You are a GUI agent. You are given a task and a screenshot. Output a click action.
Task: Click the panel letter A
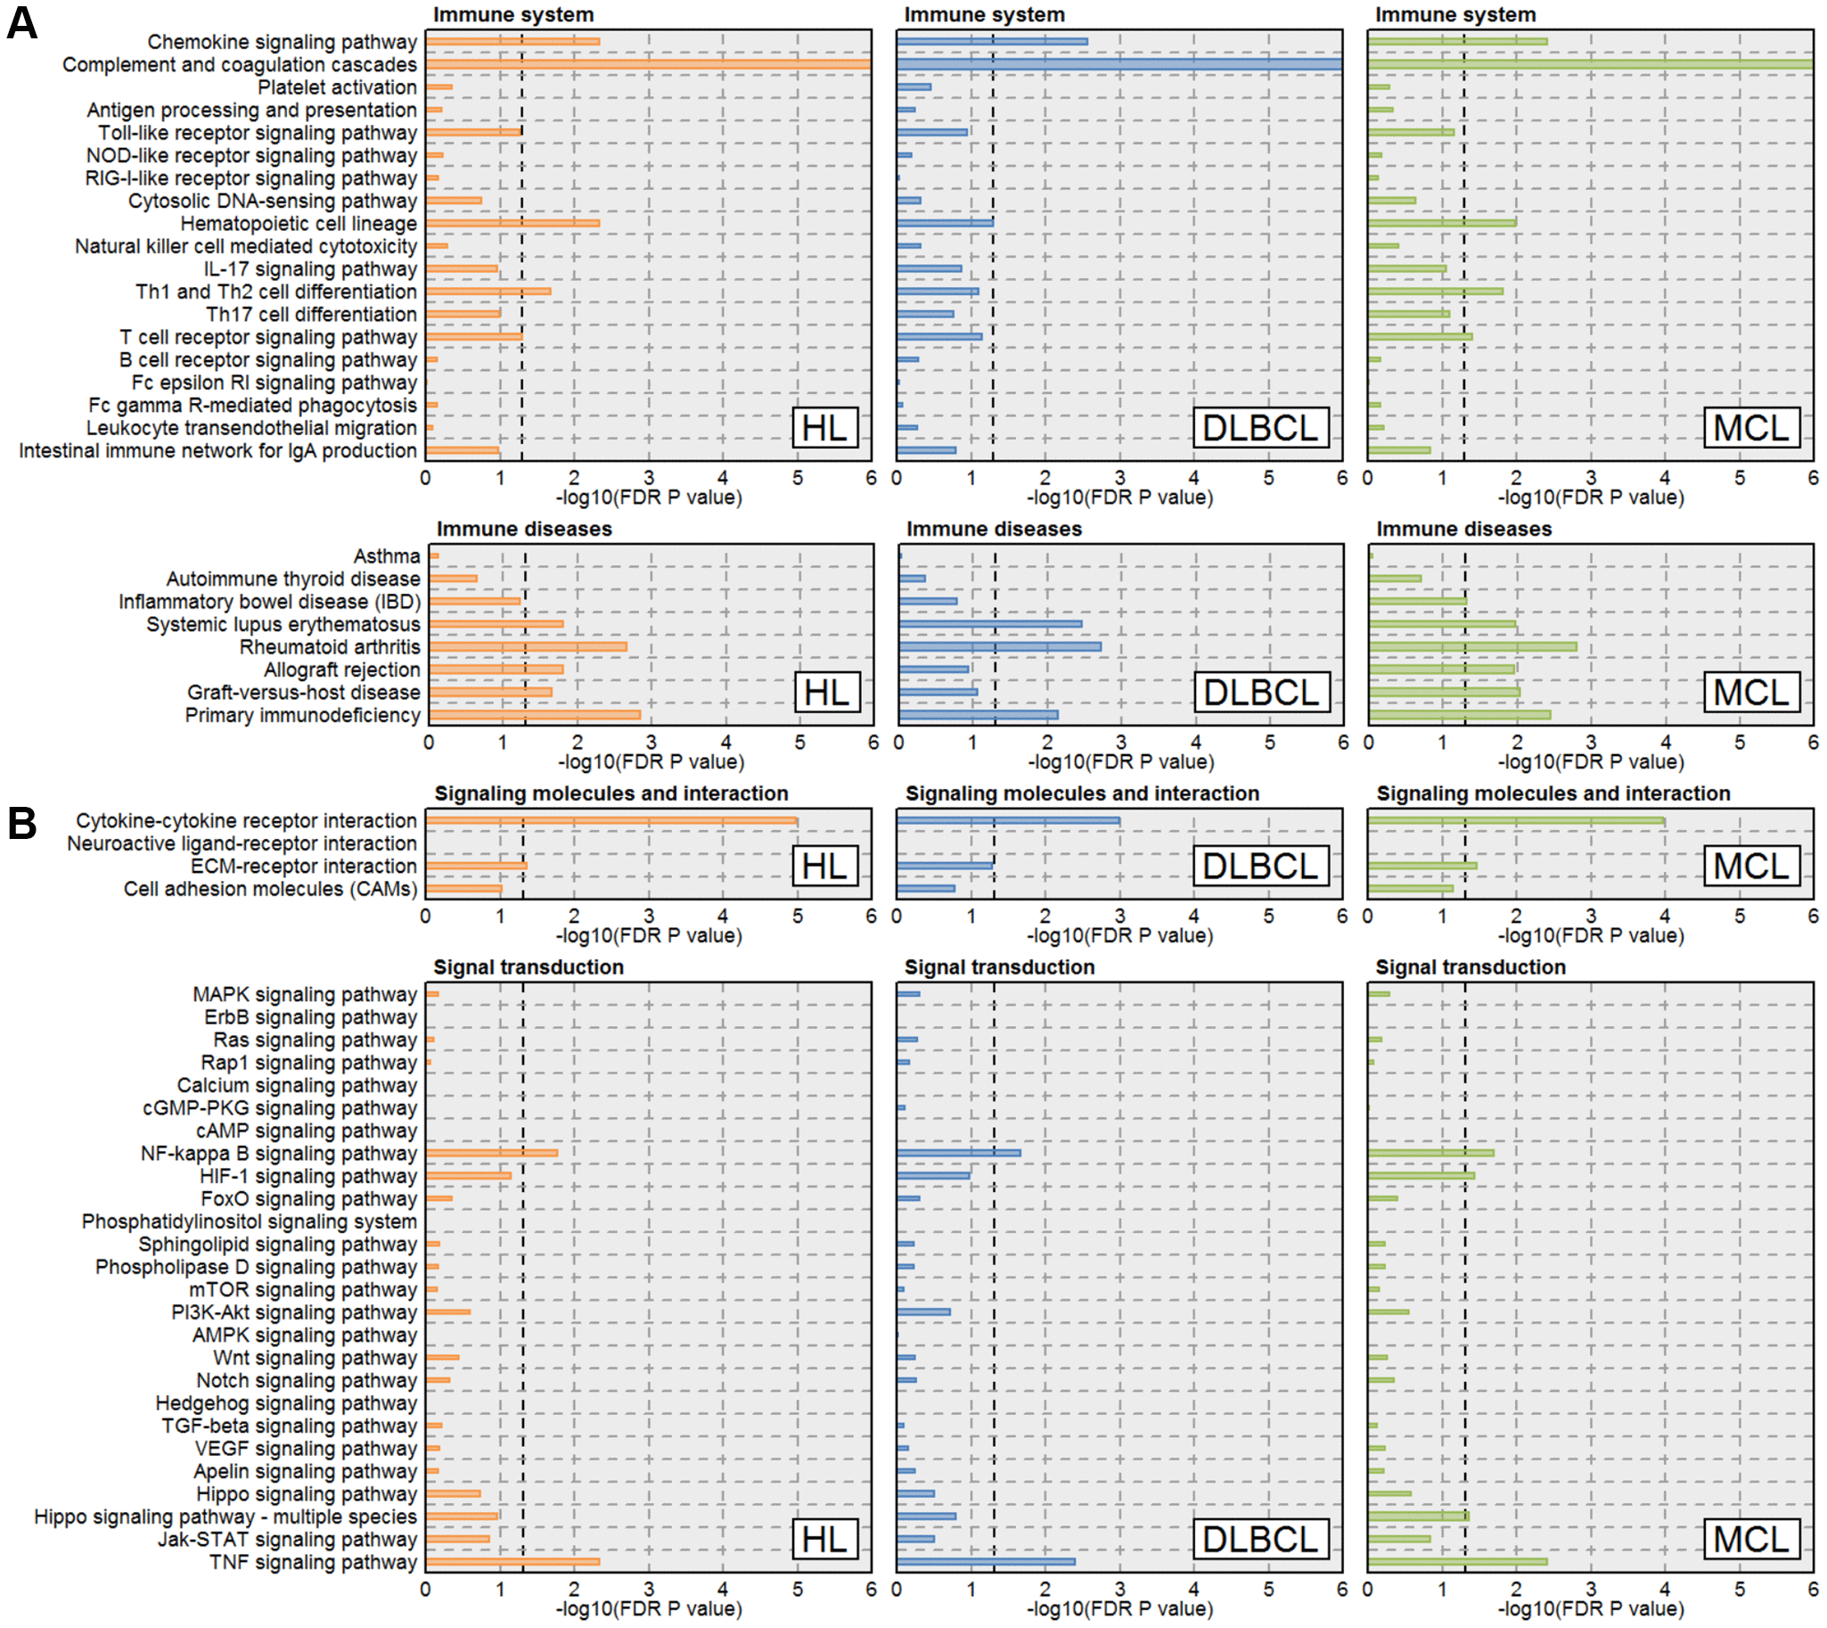[22, 23]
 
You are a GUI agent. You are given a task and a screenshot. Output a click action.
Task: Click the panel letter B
[22, 823]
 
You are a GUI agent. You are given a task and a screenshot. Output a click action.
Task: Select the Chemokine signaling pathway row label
[282, 42]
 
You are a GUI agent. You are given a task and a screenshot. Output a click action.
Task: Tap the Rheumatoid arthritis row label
[329, 646]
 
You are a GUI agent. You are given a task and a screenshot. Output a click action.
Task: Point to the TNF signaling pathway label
[313, 1562]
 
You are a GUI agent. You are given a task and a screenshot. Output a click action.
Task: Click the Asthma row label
[386, 556]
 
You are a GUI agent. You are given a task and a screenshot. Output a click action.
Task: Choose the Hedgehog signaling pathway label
[286, 1402]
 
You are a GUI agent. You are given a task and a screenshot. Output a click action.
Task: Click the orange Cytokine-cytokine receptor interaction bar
[610, 820]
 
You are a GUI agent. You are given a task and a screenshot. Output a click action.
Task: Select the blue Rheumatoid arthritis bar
[1000, 646]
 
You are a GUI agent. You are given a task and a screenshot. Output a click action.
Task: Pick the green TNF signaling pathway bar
[1457, 1562]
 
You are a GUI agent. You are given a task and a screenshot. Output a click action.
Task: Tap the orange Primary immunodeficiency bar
[535, 715]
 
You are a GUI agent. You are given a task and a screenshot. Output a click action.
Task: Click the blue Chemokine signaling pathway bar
[992, 41]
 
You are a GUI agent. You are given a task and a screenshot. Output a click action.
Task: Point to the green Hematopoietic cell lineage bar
[1442, 223]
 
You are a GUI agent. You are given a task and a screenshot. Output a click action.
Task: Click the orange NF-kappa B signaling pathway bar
[491, 1153]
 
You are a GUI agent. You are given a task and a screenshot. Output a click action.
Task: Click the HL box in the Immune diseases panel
[827, 693]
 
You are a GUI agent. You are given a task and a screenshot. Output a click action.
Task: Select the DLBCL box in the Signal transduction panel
[1260, 1540]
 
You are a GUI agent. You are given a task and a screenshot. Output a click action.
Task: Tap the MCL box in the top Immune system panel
[1751, 428]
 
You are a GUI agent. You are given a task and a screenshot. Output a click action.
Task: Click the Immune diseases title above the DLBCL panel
[994, 529]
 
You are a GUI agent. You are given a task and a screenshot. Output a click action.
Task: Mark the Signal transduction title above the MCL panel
[1470, 967]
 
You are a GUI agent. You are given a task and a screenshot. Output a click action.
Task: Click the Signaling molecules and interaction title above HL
[610, 793]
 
